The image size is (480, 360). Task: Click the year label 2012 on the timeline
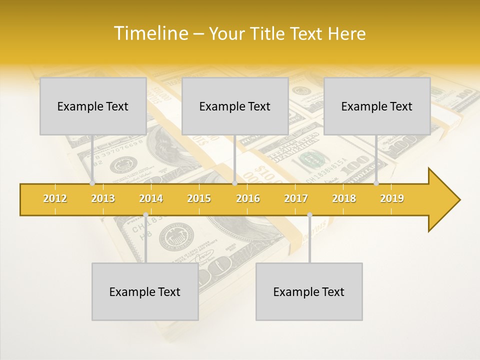pos(55,198)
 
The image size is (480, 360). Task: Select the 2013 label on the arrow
pos(103,198)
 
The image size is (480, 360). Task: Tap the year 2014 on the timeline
pos(151,198)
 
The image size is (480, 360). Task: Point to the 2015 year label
pos(199,198)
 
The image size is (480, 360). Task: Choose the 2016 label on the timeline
pos(248,198)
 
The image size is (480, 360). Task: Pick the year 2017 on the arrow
pos(296,198)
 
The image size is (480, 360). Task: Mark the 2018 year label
pos(344,198)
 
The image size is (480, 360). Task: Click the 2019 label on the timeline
pos(392,198)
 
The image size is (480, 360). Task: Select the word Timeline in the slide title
pos(149,33)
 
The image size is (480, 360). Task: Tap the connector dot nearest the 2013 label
pos(92,183)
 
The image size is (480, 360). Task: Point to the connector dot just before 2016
pos(234,183)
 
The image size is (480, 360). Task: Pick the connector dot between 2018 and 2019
pos(376,183)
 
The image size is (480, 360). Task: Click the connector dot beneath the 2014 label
pos(145,215)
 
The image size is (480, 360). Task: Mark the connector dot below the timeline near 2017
pos(309,215)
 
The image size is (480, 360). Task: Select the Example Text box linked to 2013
pos(93,106)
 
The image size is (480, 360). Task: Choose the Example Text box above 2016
pos(235,106)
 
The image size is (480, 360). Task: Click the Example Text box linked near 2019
pos(377,106)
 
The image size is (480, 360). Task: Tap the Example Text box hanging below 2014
pos(145,292)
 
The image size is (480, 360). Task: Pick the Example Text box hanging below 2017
pos(309,292)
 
